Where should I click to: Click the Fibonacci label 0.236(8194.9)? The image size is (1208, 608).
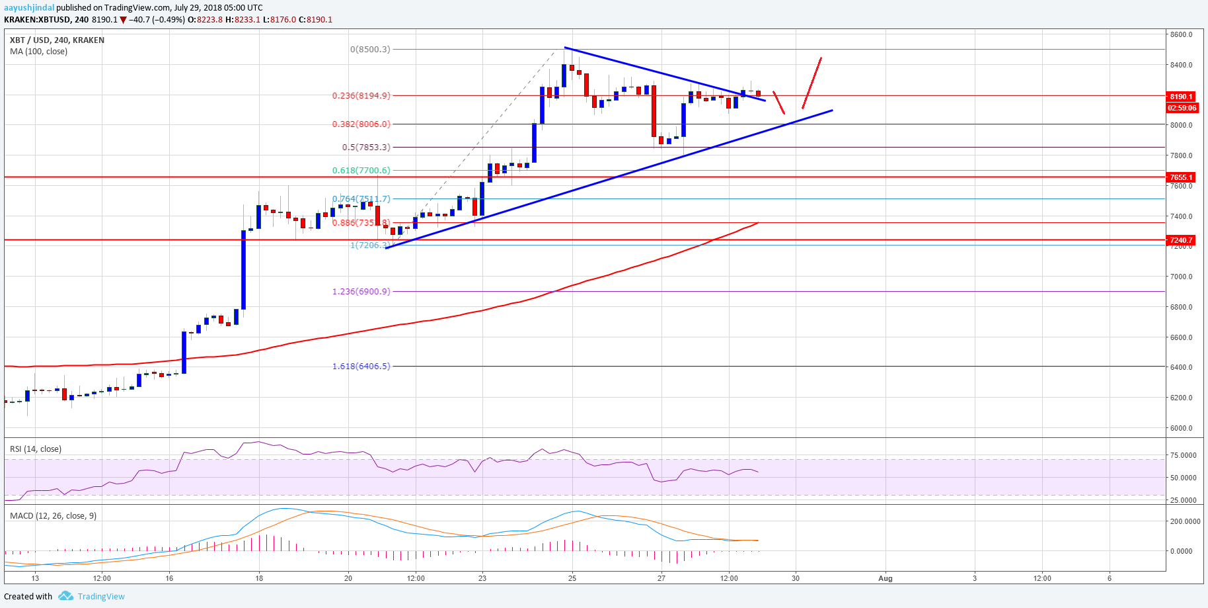(361, 95)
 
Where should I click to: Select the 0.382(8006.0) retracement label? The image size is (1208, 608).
(361, 124)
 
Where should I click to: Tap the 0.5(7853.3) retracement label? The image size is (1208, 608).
(365, 147)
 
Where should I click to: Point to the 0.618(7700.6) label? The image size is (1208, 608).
(361, 170)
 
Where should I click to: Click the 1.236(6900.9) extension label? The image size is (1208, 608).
(361, 291)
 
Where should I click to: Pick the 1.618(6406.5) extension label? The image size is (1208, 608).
(361, 366)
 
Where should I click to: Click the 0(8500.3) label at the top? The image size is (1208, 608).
(370, 49)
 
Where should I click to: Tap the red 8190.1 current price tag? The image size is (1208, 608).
(1181, 97)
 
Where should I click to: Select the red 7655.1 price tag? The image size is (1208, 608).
(1181, 177)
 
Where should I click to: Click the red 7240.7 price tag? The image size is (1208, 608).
(1181, 240)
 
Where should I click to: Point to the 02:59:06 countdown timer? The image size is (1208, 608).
(1182, 108)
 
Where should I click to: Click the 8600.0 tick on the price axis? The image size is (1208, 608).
(1181, 34)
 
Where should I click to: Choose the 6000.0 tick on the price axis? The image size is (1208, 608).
(1181, 428)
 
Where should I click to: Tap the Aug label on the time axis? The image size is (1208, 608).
(885, 578)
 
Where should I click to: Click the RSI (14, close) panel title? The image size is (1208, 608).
(36, 449)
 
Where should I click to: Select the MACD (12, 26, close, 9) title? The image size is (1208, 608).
(53, 515)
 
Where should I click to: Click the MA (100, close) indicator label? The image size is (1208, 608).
(38, 51)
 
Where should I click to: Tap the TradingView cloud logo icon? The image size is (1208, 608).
(65, 596)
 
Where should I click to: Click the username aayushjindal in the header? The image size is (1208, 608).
(29, 8)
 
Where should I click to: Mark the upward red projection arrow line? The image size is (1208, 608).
(812, 83)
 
